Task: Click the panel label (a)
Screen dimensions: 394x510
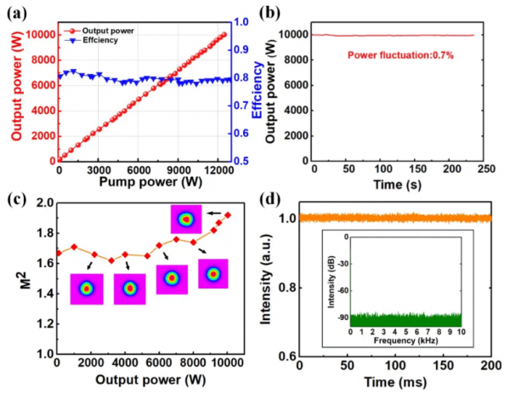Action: [15, 11]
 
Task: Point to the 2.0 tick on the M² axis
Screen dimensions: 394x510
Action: [43, 203]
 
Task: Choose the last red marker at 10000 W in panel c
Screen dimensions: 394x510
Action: [227, 214]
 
